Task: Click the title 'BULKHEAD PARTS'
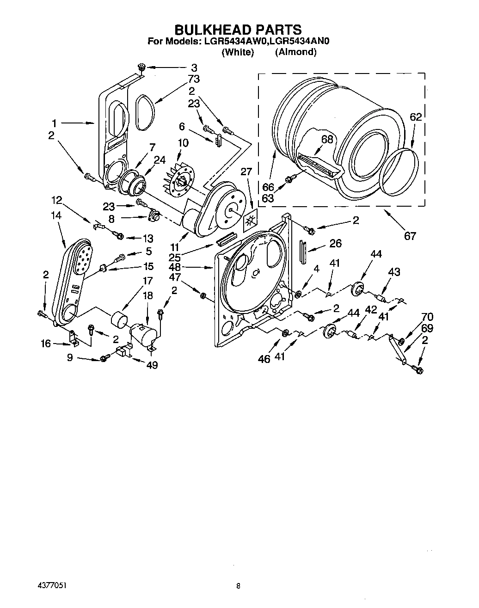coord(238,30)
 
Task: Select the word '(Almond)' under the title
coord(295,52)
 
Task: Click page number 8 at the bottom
coord(238,586)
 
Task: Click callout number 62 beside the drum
coord(416,117)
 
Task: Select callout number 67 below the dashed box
coord(410,236)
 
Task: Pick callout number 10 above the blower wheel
coord(183,143)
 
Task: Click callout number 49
coord(152,365)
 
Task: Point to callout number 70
coord(427,317)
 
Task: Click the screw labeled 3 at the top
coord(141,68)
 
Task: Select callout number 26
coord(335,244)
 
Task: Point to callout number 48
coord(175,267)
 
